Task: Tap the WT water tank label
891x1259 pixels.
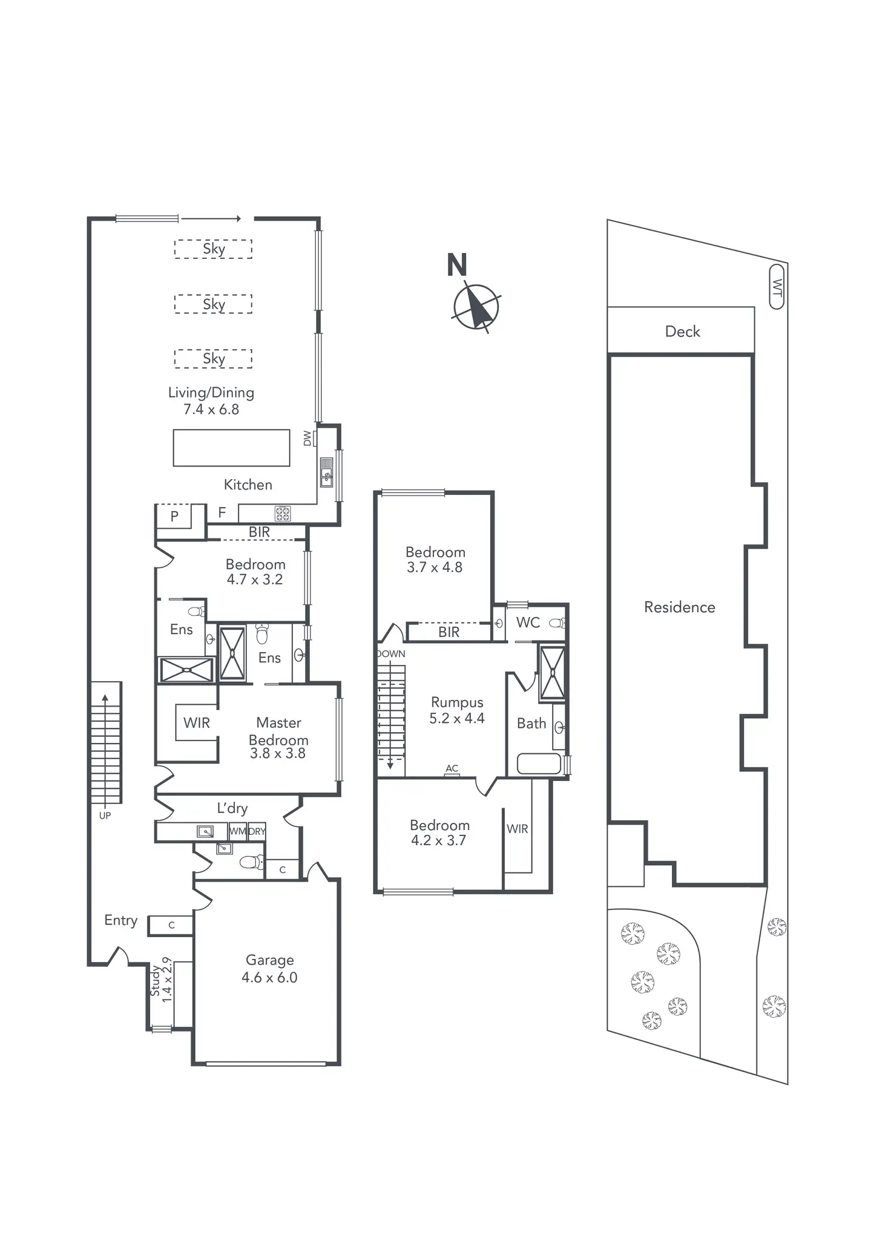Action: [x=777, y=287]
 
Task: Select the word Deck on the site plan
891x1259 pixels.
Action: [x=682, y=332]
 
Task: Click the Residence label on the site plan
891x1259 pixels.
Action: [x=679, y=607]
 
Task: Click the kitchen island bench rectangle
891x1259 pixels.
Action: [x=231, y=448]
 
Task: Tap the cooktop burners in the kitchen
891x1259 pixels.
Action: [x=283, y=514]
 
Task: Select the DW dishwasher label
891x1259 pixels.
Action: [x=307, y=438]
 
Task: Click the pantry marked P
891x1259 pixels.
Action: [x=174, y=517]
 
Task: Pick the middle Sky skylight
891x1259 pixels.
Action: [x=213, y=304]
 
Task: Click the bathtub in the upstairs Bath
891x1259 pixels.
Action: [x=539, y=764]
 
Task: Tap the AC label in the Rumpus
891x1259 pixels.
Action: [x=452, y=768]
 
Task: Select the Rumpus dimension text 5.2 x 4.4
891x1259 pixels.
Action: [x=456, y=719]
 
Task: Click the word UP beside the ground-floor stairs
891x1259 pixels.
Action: [x=105, y=816]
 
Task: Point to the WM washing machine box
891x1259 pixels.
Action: [x=237, y=831]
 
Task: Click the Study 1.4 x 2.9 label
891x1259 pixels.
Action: [x=161, y=979]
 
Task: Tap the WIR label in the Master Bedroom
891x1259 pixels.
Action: [x=197, y=723]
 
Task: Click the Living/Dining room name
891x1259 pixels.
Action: [x=211, y=393]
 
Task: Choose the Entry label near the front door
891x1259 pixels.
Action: [x=120, y=920]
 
